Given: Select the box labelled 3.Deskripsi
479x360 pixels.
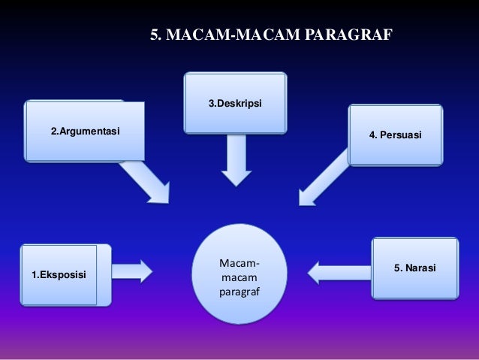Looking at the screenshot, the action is [235, 102].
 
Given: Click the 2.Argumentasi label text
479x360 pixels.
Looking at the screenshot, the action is [85, 133].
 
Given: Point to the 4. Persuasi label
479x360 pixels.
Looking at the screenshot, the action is [396, 135].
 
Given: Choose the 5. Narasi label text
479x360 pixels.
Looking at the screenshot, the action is [415, 268].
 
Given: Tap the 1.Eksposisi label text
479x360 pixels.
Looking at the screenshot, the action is [59, 275].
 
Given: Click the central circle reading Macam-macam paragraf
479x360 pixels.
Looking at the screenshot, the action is [239, 274].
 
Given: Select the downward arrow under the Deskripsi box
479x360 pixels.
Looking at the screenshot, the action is [236, 162].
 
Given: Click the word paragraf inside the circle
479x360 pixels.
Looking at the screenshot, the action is [239, 291].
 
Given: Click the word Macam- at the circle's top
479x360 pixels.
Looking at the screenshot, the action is [239, 264].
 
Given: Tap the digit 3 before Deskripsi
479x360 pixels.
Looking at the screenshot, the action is [211, 102].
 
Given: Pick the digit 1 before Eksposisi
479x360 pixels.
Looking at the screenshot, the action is [34, 275].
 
